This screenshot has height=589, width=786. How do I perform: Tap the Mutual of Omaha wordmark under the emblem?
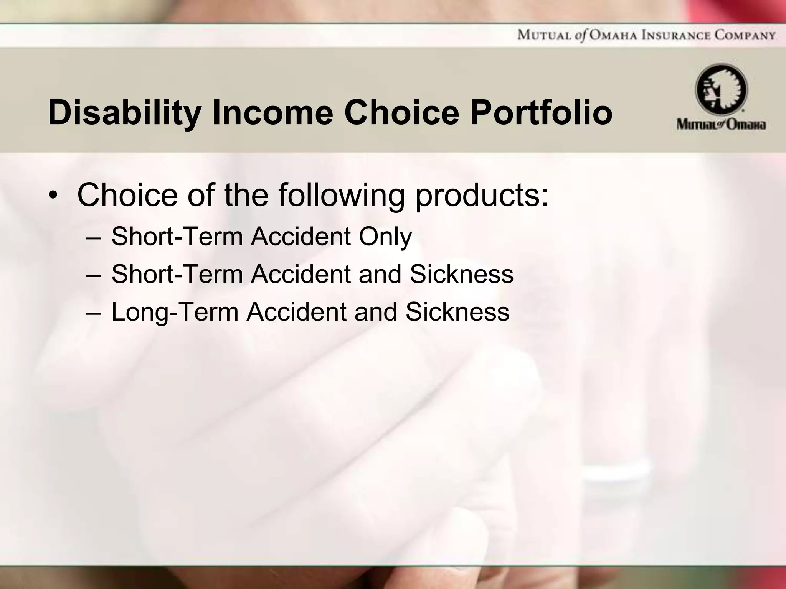721,125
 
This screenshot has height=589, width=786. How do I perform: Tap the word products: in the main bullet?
482,196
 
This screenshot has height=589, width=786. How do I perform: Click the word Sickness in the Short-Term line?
461,274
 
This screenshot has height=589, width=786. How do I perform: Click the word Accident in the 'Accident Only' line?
301,237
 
